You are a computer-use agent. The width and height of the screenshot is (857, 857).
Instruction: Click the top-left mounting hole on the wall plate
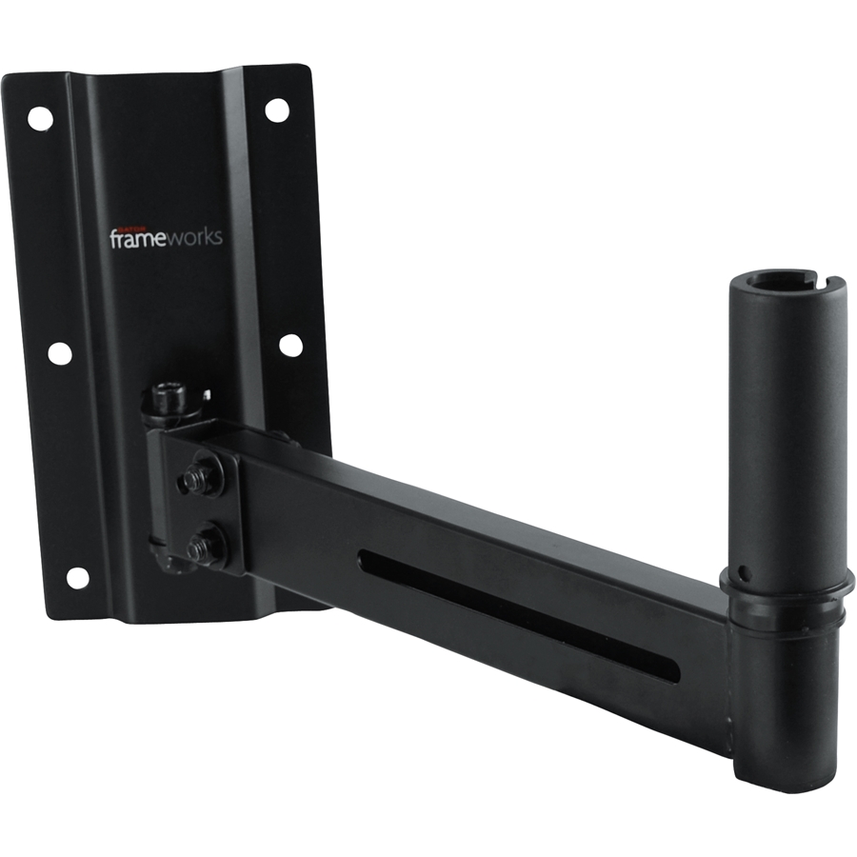[40, 118]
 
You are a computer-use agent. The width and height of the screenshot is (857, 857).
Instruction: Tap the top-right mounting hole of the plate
[277, 110]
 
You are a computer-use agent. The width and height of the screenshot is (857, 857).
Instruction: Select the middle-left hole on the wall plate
[59, 353]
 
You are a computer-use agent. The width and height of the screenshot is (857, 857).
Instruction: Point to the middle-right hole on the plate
[291, 345]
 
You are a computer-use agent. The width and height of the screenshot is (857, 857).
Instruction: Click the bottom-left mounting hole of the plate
[77, 577]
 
